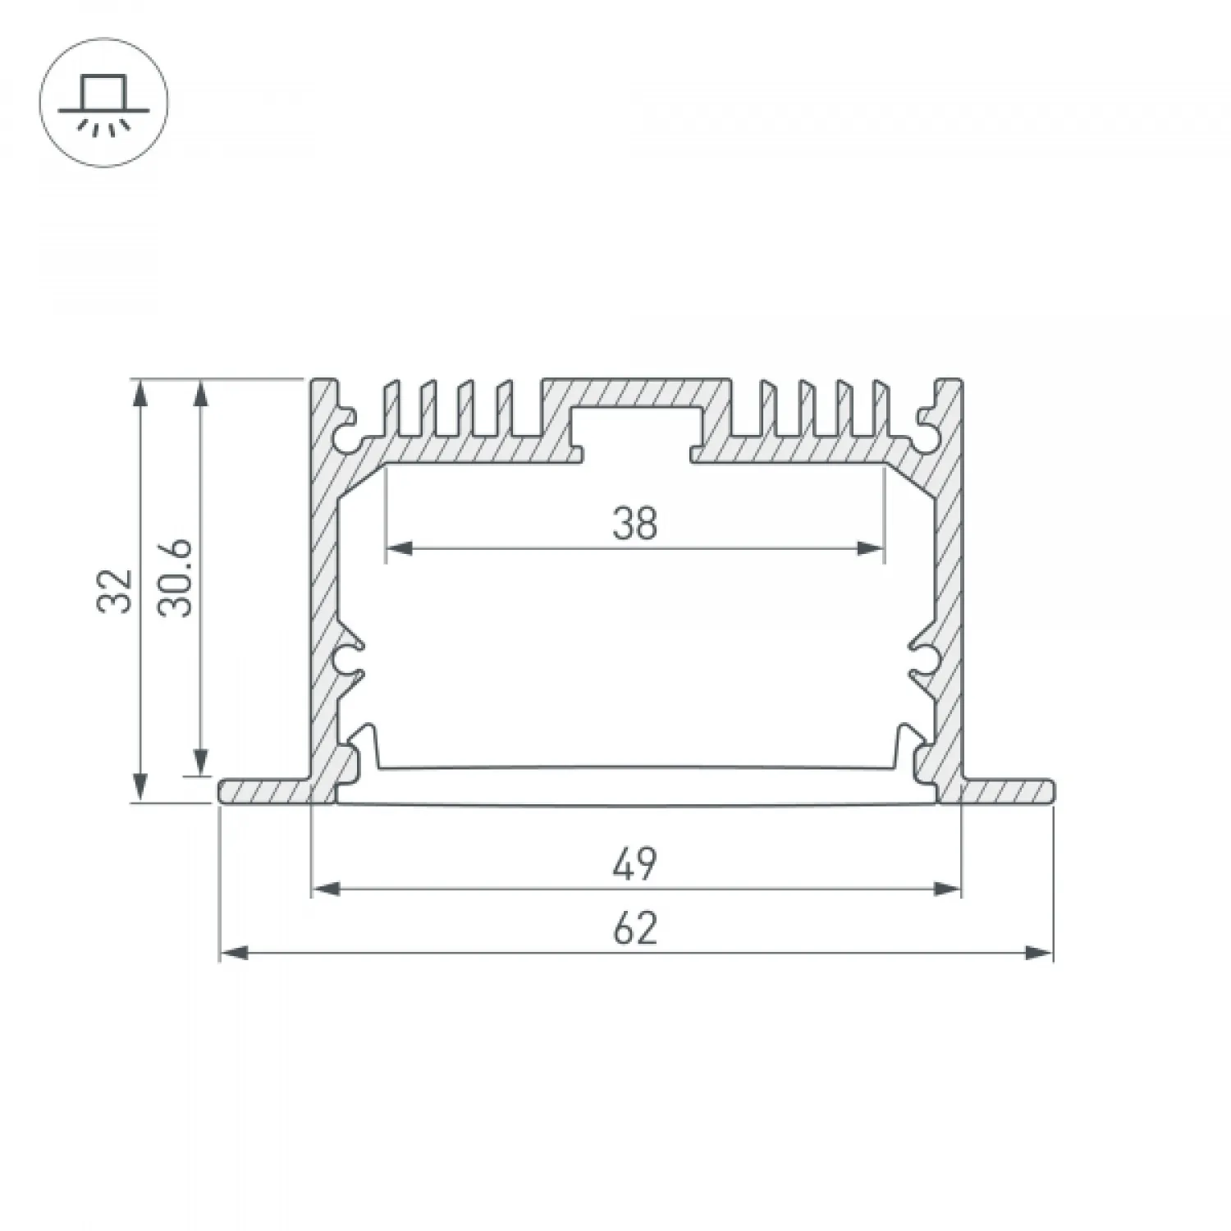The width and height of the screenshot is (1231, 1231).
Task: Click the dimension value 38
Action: [x=635, y=524]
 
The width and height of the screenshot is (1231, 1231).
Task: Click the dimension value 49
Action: [x=635, y=864]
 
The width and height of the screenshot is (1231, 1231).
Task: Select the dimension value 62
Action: [x=635, y=929]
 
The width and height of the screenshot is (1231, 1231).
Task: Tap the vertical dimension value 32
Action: [x=115, y=589]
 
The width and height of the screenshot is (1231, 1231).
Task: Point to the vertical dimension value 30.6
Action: [x=176, y=578]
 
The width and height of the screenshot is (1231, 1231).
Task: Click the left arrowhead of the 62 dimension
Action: [x=235, y=953]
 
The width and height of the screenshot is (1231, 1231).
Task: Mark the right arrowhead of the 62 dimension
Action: [x=1038, y=953]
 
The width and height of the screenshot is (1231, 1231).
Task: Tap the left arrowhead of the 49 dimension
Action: [x=327, y=888]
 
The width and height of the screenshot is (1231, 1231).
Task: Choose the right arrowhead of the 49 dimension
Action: [x=946, y=888]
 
